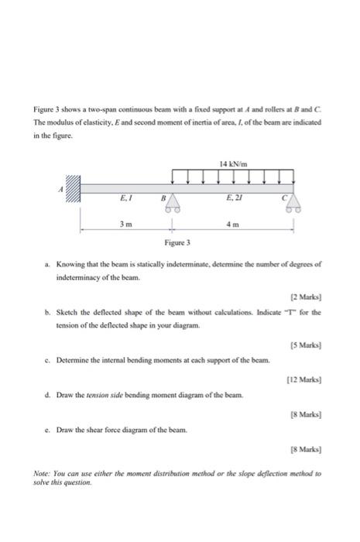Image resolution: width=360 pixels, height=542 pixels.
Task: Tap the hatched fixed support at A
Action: coord(72,188)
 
